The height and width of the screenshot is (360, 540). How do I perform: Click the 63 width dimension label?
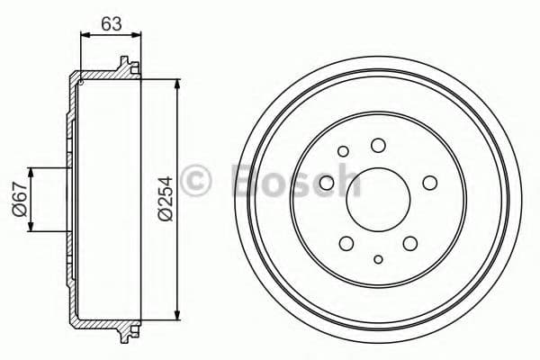(112, 23)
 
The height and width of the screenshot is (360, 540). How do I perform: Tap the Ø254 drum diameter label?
(164, 199)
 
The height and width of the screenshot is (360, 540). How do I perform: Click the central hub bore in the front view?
(377, 201)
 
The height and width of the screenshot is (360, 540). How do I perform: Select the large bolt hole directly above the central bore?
(378, 145)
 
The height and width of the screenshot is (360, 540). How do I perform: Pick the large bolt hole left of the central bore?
(327, 184)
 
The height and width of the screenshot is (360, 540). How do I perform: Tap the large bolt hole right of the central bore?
(429, 184)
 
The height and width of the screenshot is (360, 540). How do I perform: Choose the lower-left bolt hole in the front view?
(346, 243)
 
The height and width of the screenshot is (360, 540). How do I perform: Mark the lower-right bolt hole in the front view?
(410, 243)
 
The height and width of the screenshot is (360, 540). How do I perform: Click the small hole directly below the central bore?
(378, 260)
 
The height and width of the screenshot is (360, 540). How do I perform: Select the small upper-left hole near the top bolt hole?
(345, 151)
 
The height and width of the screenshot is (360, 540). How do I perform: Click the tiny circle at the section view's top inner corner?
(81, 82)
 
